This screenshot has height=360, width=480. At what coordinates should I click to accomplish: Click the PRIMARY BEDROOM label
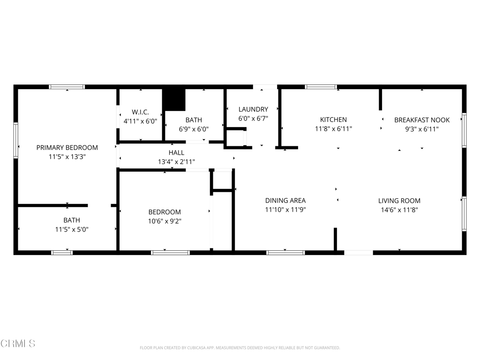pos(67,148)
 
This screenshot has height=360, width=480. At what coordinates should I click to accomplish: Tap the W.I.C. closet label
pos(140,112)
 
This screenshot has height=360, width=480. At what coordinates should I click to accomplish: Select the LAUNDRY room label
pos(253,109)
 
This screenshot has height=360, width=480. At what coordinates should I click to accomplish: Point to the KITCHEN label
pos(333,120)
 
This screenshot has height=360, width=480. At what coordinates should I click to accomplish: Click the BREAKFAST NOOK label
pos(422,120)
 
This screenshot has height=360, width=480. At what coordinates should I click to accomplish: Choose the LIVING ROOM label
pos(399,201)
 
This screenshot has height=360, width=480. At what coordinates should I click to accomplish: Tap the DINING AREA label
pos(285,201)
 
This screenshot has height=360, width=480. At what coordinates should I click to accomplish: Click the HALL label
pos(176,153)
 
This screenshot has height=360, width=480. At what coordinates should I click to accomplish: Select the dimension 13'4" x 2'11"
pos(176,162)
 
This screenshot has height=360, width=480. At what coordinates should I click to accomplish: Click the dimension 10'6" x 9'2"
pos(165,221)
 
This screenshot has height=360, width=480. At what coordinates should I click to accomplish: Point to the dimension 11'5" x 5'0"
pos(72,229)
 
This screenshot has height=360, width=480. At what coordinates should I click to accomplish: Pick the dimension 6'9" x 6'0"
pos(194,129)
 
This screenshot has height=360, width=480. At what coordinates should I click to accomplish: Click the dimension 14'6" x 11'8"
pos(399,210)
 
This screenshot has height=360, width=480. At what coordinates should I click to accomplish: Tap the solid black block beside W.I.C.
pos(173,100)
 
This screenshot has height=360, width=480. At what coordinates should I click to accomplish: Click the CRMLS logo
pos(17,344)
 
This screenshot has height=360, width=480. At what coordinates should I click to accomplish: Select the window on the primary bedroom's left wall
pos(16,141)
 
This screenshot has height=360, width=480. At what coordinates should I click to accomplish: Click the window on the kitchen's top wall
pos(321,87)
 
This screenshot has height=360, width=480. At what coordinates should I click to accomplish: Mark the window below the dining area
pos(285,253)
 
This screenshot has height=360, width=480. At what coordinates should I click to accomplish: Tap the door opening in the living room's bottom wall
pos(359,253)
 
